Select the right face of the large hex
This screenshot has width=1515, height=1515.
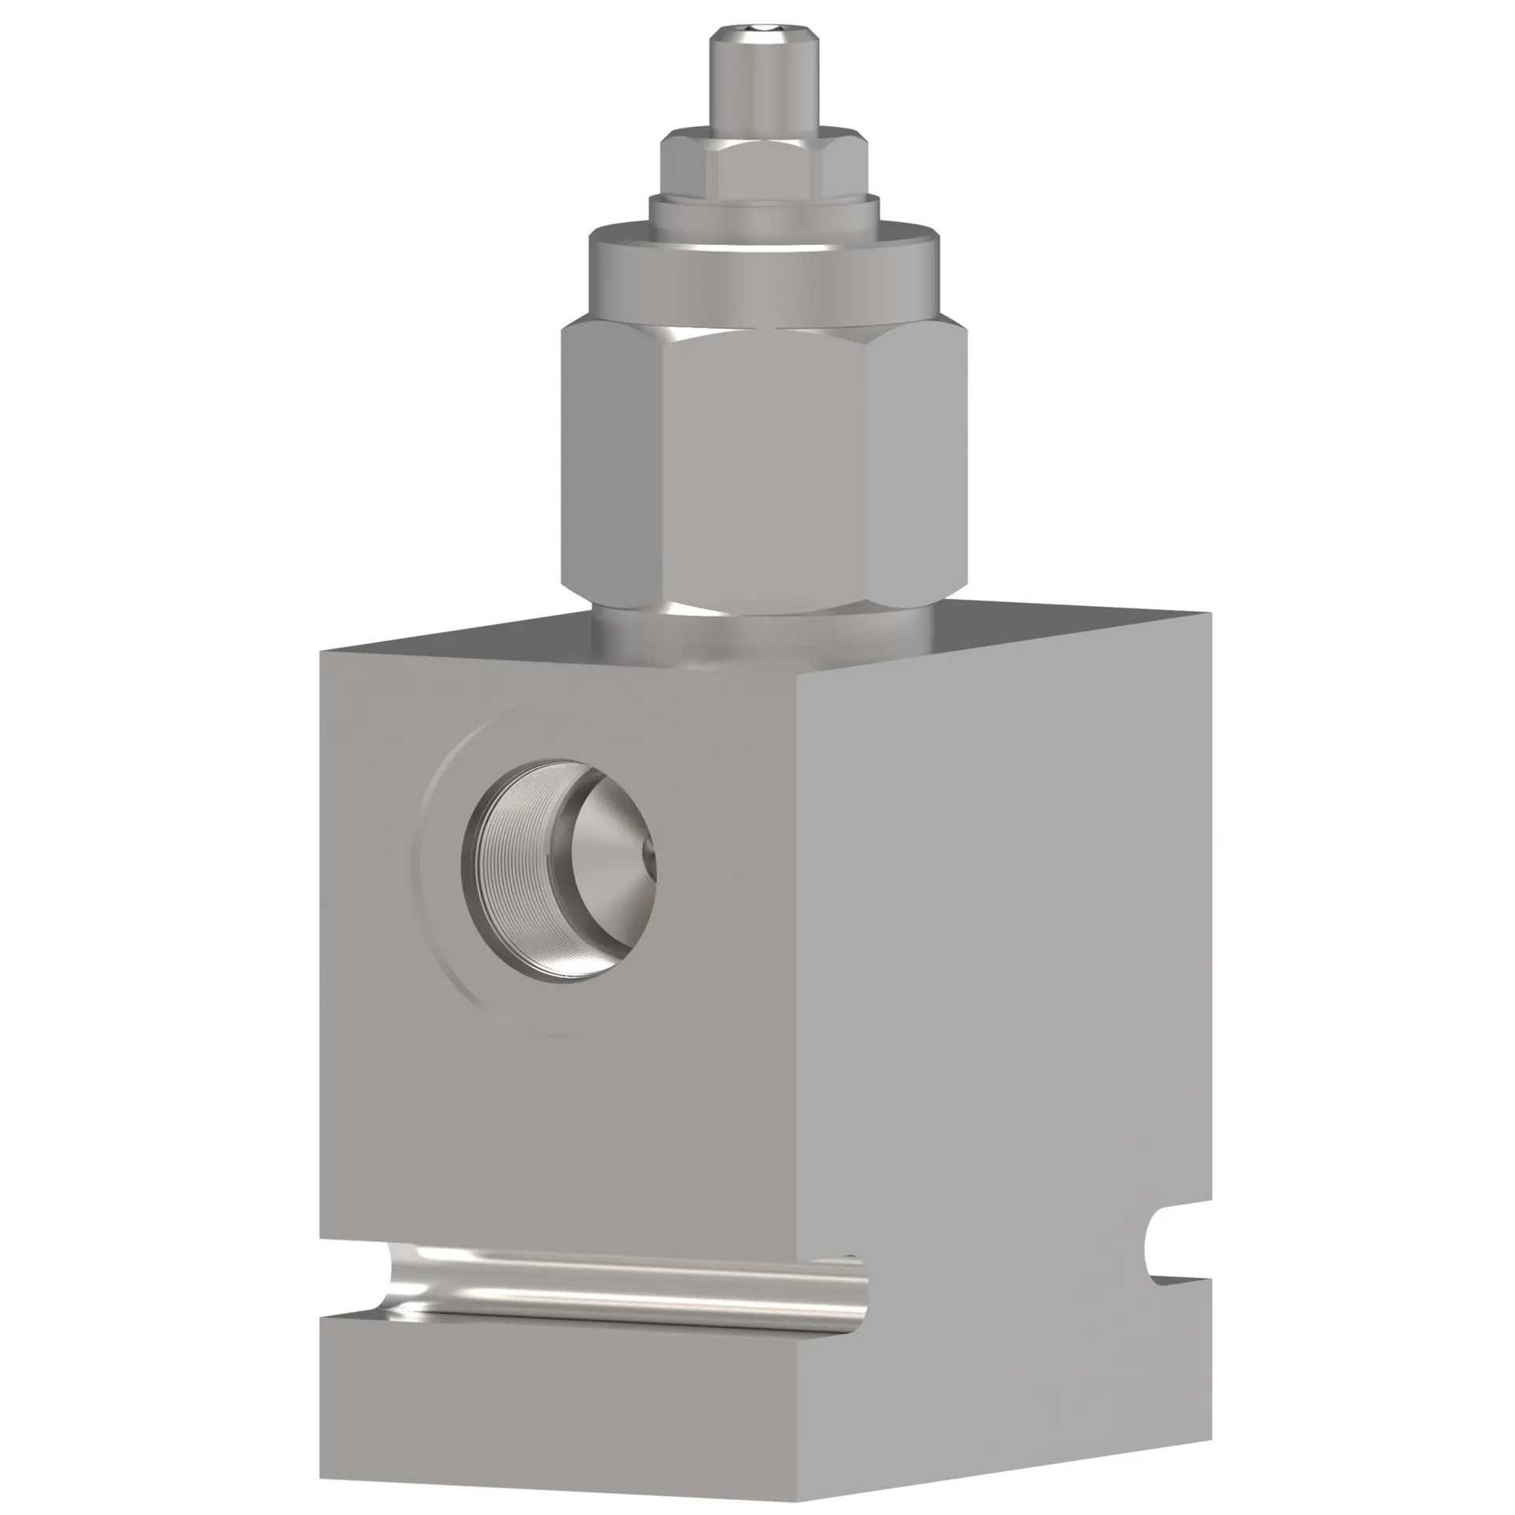pos(915,466)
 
